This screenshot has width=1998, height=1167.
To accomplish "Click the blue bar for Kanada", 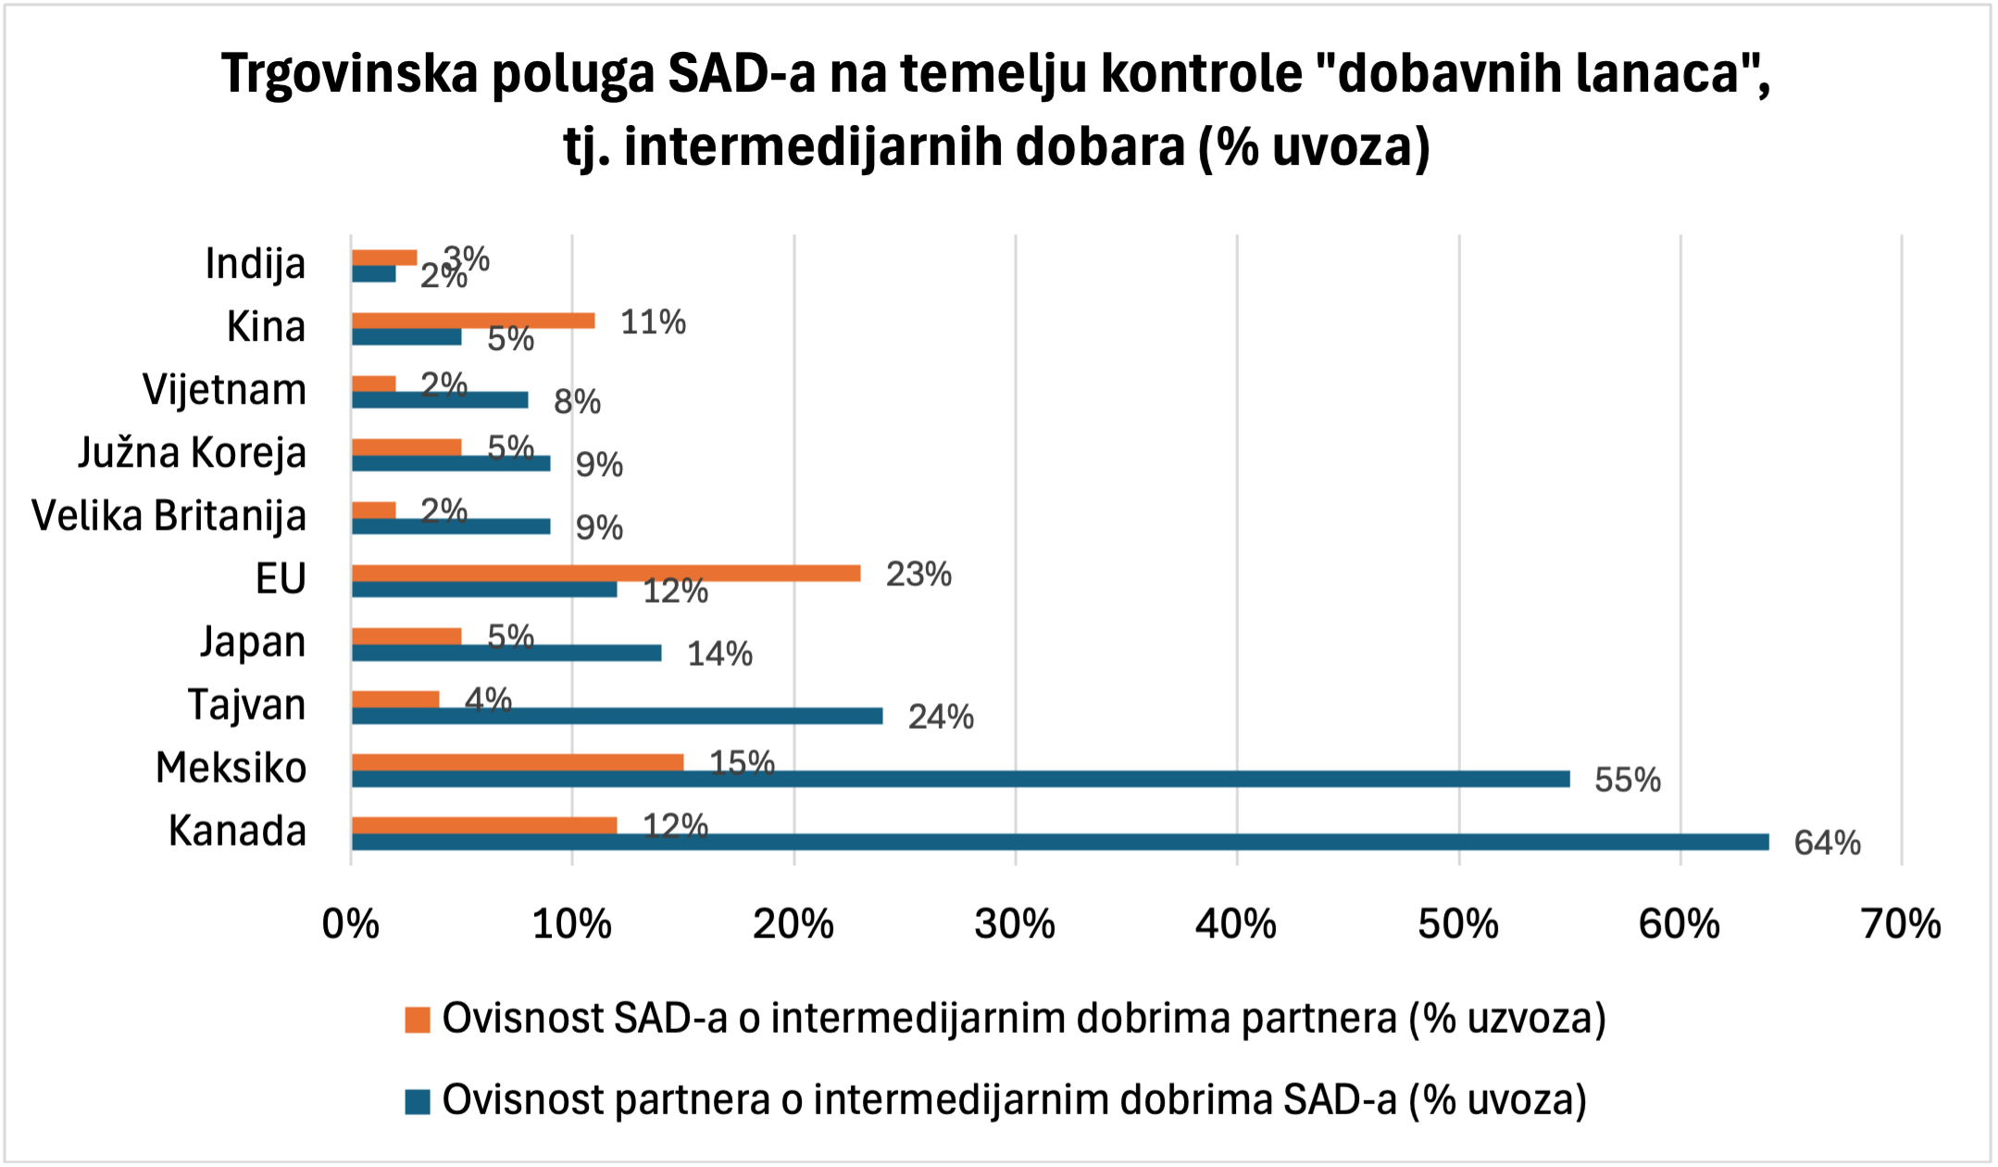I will [1059, 842].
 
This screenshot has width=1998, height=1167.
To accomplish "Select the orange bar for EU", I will [606, 573].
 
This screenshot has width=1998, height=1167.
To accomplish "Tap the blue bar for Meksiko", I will [960, 779].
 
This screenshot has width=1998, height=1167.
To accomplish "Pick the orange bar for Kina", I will [473, 321].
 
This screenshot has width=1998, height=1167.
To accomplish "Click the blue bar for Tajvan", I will [617, 716].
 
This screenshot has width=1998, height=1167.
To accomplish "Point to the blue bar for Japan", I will [506, 653].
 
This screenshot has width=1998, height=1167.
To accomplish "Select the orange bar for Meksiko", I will [518, 762].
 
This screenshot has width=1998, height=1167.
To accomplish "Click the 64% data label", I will [1827, 843].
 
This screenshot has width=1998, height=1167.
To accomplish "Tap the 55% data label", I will [1627, 780].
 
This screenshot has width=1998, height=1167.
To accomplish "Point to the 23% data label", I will [918, 574].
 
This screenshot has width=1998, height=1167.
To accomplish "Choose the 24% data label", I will [941, 717].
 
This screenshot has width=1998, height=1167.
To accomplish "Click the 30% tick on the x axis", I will [1015, 924].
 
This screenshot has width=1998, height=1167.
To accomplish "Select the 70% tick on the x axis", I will [1901, 924].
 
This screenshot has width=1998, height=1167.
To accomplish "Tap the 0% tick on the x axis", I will [351, 924].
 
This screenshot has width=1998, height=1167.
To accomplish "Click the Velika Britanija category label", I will [169, 516].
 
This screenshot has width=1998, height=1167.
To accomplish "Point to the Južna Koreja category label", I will [192, 453].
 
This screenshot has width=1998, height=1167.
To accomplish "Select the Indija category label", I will [255, 264].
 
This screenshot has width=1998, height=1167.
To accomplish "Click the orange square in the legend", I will [418, 1020].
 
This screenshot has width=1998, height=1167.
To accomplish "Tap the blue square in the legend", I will [418, 1101].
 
